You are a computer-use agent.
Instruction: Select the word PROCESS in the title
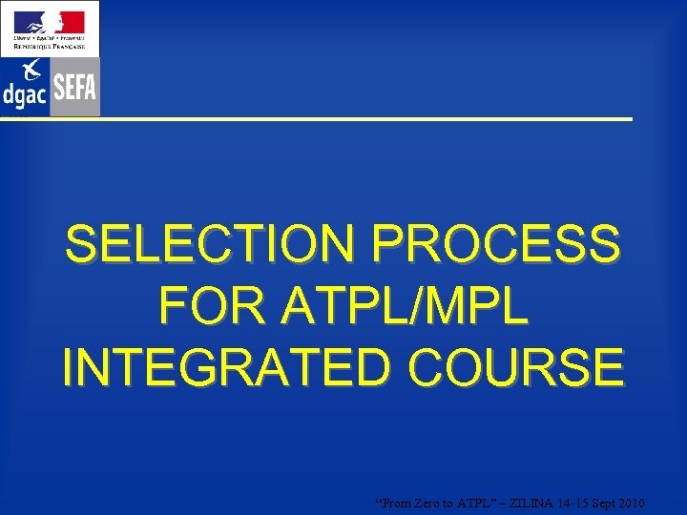pyautogui.click(x=495, y=245)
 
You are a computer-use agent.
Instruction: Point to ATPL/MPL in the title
pyautogui.click(x=406, y=306)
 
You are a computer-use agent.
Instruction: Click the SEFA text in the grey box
pyautogui.click(x=75, y=88)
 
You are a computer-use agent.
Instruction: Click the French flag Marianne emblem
pyautogui.click(x=49, y=22)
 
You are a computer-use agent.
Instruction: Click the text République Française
pyautogui.click(x=49, y=47)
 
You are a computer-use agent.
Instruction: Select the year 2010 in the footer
pyautogui.click(x=630, y=504)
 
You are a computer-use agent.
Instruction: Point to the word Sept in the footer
pyautogui.click(x=600, y=504)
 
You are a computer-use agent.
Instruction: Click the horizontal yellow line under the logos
pyautogui.click(x=363, y=119)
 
